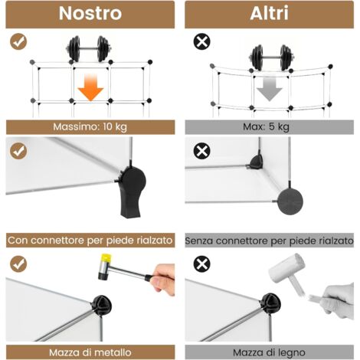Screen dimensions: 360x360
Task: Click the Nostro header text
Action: (x=90, y=13)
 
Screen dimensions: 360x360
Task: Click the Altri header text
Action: (x=270, y=13)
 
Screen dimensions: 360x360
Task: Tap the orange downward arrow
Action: (x=90, y=87)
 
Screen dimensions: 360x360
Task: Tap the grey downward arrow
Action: (x=270, y=89)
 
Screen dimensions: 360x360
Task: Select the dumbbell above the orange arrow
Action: (x=89, y=49)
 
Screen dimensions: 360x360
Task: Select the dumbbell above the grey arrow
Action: (x=272, y=57)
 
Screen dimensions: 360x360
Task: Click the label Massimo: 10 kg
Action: (x=90, y=126)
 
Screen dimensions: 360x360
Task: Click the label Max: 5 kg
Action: (x=266, y=126)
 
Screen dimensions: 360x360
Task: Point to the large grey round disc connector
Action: (x=290, y=201)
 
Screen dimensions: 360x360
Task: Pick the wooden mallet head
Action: (x=287, y=267)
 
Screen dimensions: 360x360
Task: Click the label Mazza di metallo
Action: (x=90, y=352)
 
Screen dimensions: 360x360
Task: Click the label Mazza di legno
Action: (x=269, y=353)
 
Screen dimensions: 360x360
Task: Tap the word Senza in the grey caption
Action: (x=199, y=241)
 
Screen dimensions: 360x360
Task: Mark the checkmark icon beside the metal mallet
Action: (x=18, y=264)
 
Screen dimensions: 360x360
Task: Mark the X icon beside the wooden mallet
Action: (x=202, y=264)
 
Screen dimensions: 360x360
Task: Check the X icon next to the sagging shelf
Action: (x=202, y=41)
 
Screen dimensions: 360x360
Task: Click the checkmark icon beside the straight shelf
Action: (x=18, y=41)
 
